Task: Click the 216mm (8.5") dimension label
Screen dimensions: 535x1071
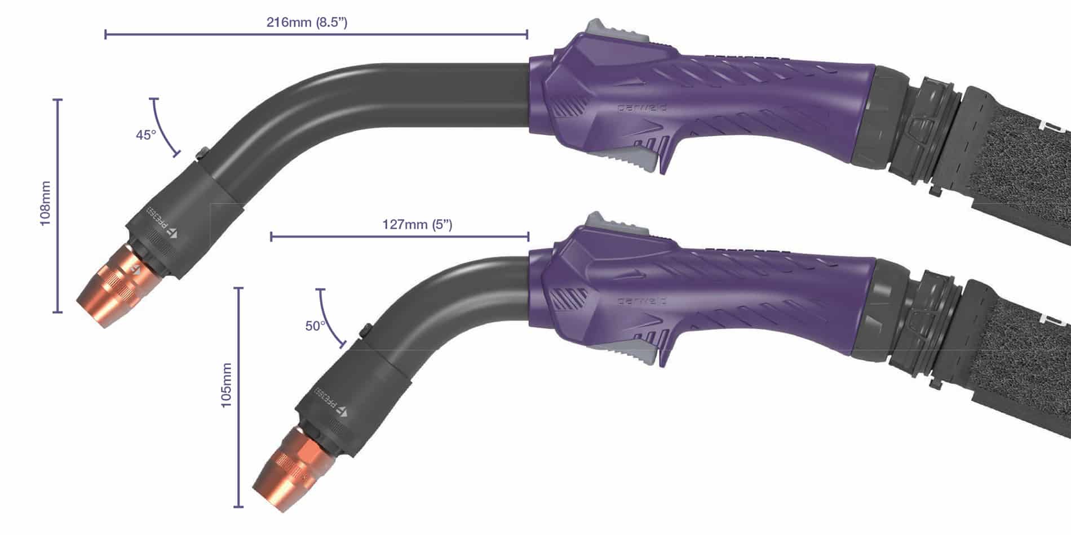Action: coord(306,23)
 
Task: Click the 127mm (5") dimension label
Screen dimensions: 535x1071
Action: coord(417,225)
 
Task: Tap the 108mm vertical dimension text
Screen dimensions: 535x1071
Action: coord(46,203)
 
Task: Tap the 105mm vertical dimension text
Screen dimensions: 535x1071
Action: coord(226,385)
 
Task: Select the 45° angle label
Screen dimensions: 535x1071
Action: coord(145,135)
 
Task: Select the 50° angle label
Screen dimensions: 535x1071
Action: coord(315,326)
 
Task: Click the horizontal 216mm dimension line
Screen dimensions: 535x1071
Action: coord(316,35)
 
